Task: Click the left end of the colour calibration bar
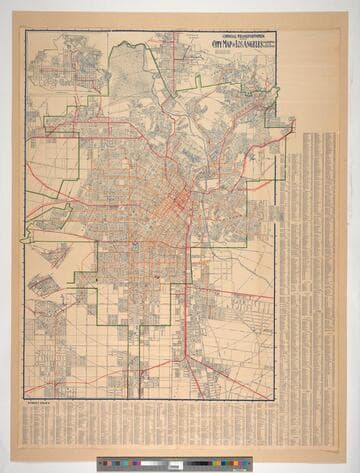pos(99,465)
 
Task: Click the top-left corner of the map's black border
pos(26,31)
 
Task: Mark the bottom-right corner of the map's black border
pos(275,398)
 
